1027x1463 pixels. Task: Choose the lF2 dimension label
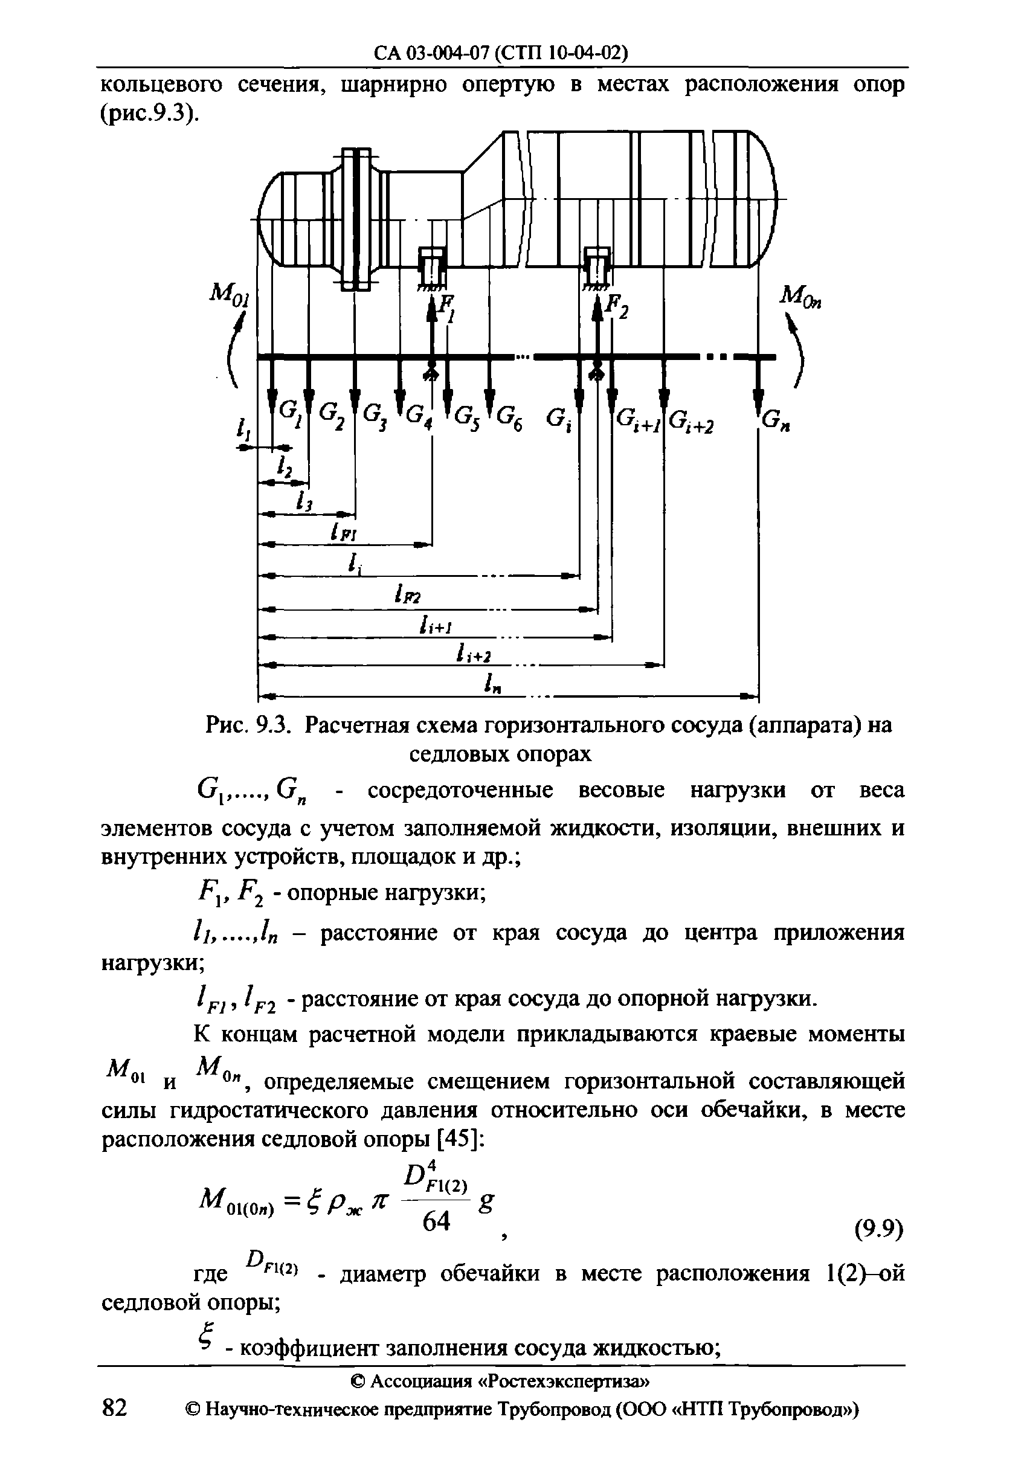point(408,596)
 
